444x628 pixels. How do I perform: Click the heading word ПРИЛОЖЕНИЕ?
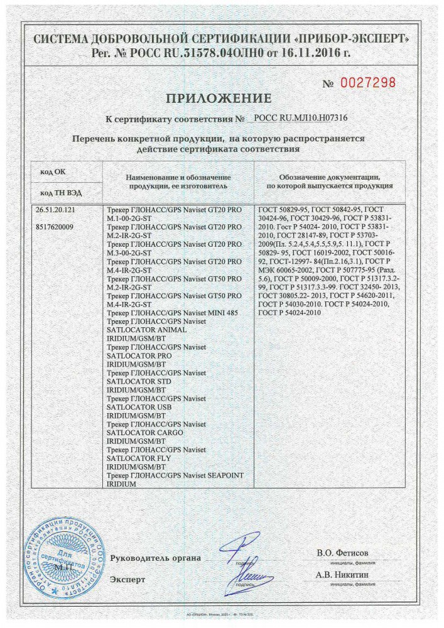click(219, 98)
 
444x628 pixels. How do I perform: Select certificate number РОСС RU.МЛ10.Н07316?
click(300, 117)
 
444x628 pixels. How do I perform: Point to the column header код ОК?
click(53, 171)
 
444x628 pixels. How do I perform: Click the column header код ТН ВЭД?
click(61, 192)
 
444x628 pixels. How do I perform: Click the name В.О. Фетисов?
click(343, 553)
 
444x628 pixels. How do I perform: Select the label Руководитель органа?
click(155, 558)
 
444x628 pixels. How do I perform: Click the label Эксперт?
click(127, 580)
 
